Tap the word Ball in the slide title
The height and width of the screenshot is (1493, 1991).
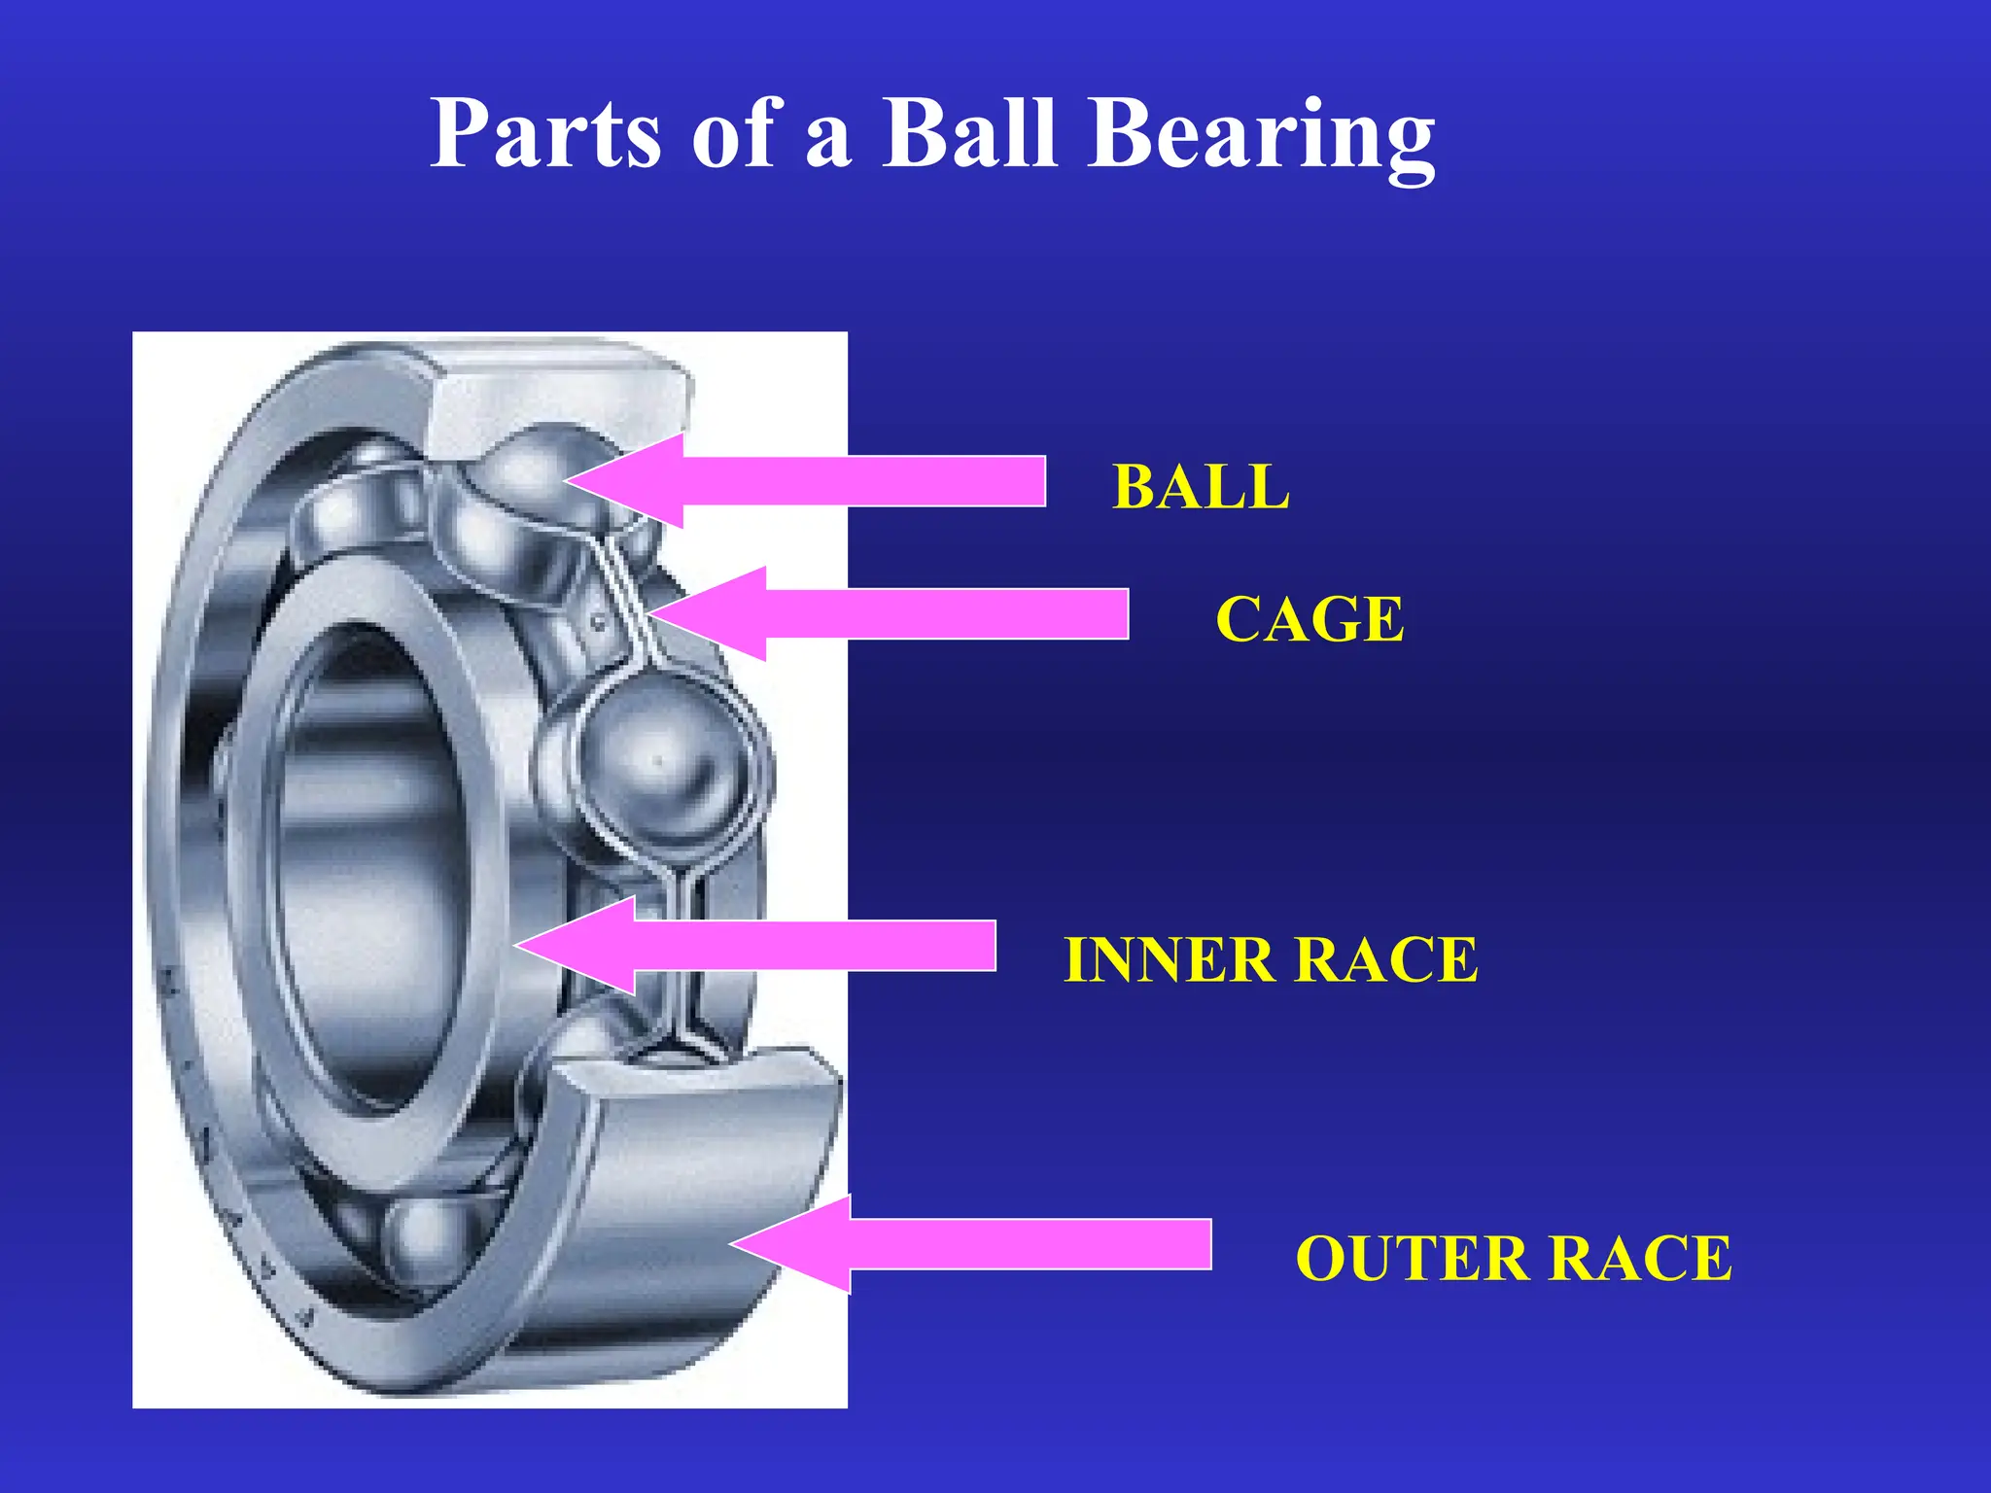coord(968,134)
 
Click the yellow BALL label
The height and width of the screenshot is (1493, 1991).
coord(1201,487)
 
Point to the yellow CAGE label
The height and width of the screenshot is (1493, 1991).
coord(1310,620)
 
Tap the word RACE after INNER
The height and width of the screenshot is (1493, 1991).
coord(1386,960)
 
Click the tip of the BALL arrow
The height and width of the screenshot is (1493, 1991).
coord(570,480)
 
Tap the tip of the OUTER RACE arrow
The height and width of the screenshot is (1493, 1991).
coord(735,1244)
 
